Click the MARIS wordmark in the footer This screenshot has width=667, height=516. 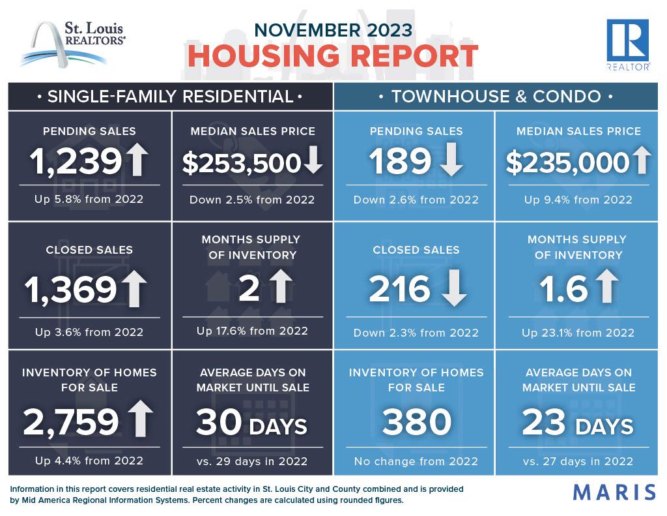(615, 492)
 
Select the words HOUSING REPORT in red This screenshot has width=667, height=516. (333, 56)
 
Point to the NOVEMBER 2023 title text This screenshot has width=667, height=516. (333, 30)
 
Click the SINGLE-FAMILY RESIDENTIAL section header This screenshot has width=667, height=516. (170, 97)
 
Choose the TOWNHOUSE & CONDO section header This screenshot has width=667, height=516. (496, 97)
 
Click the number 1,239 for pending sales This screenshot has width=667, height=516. (76, 162)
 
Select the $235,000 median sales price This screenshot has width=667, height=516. (567, 162)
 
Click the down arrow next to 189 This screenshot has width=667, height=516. (451, 159)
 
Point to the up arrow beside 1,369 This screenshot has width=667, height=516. (134, 288)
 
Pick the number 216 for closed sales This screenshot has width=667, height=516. (400, 288)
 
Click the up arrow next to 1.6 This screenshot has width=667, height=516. (606, 286)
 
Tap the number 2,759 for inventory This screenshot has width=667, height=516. (71, 422)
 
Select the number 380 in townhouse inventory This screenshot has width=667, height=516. (416, 421)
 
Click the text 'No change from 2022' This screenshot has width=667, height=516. (416, 461)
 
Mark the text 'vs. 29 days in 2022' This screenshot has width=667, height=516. (252, 461)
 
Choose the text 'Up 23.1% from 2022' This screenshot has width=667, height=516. (578, 332)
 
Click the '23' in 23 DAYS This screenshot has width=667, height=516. (544, 422)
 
